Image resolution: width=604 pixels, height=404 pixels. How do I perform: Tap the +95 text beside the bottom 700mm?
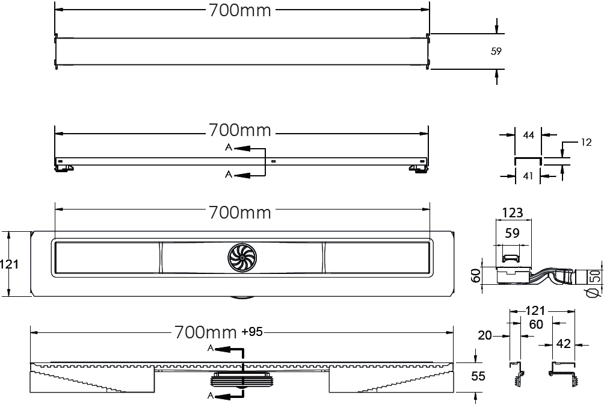pos(252,332)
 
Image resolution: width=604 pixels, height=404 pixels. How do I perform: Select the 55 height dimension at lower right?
pos(478,376)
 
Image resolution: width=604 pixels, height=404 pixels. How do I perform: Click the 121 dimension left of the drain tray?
pos(9,264)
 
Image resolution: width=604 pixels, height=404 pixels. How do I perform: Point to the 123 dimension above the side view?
pos(513,213)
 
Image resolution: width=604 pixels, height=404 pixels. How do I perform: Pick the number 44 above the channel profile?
pos(528,135)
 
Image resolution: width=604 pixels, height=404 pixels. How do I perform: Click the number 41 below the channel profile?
pos(528,176)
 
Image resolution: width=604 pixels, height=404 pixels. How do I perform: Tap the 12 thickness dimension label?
pos(586,143)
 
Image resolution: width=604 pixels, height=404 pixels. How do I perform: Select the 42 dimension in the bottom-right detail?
pos(564,343)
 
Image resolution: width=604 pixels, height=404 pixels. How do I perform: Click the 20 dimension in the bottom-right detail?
pos(485,336)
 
